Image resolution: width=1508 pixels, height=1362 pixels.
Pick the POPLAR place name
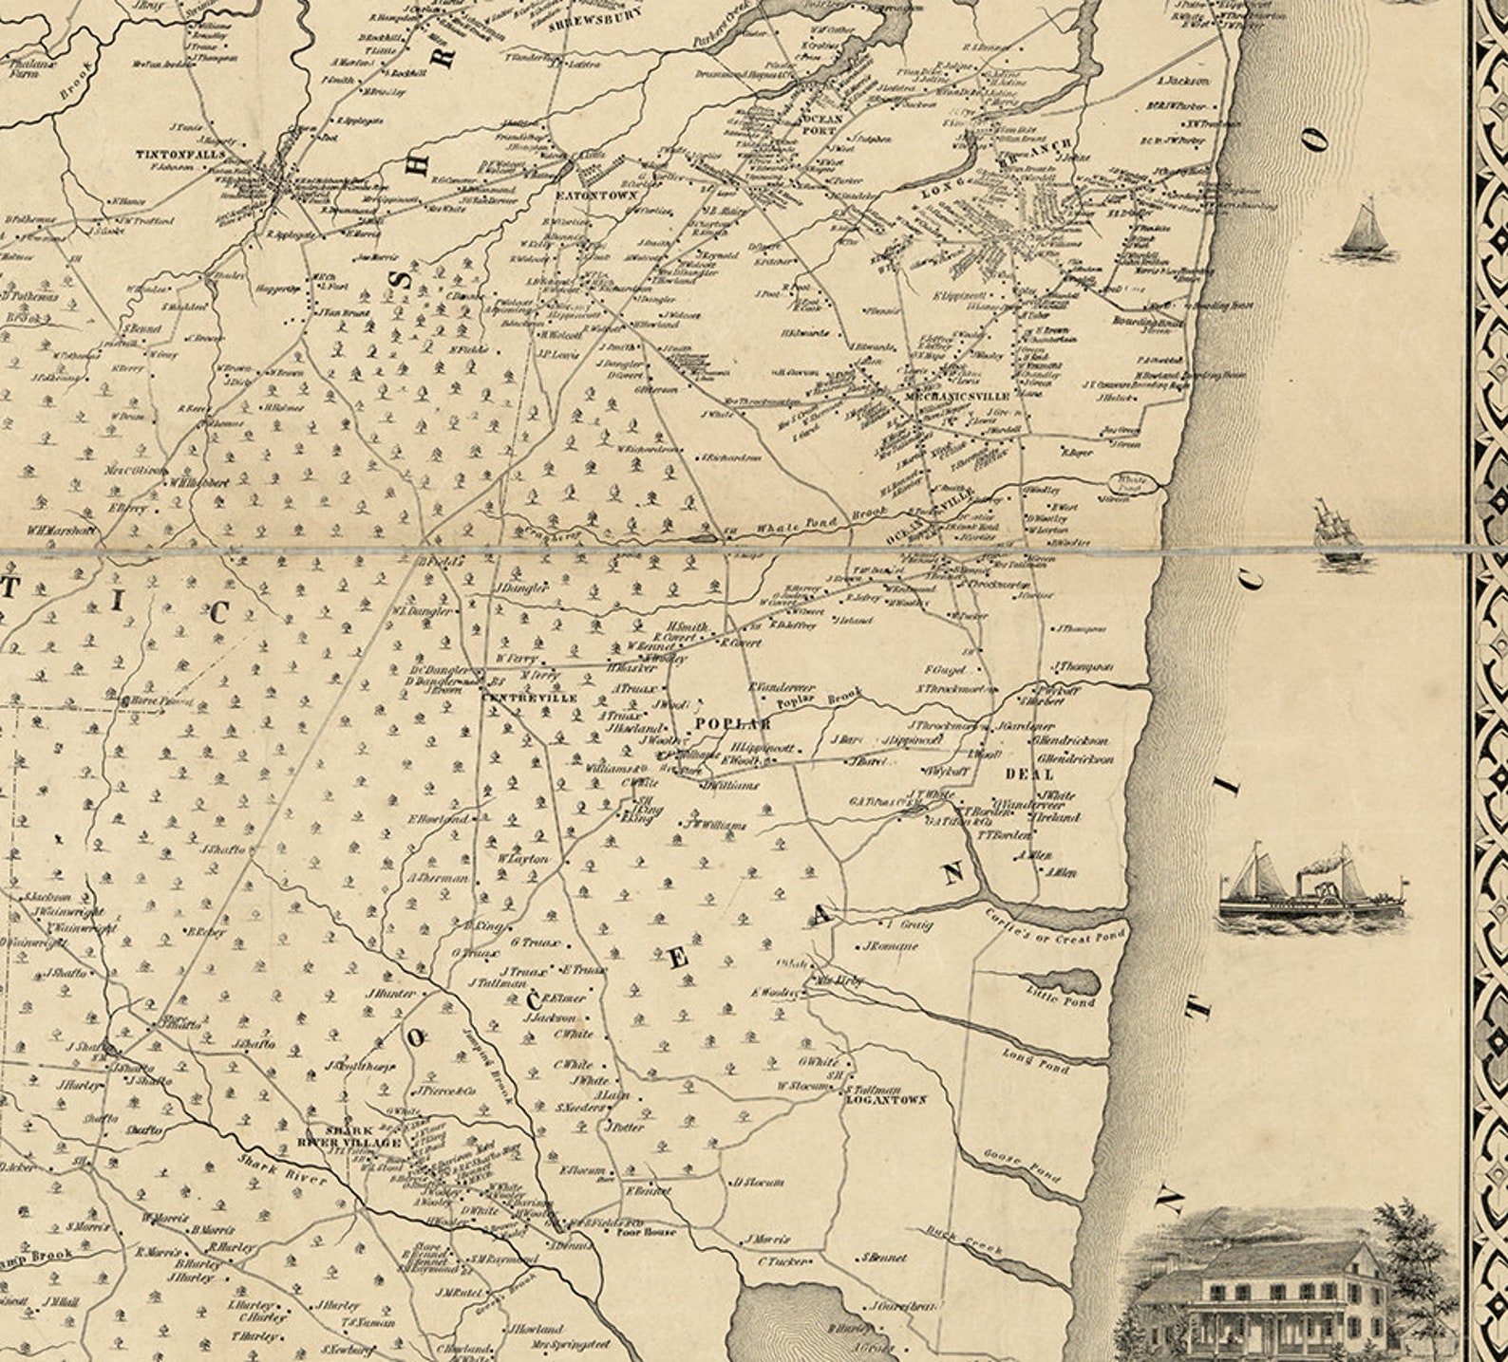point(733,723)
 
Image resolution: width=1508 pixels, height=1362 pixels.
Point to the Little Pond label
point(1062,997)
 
